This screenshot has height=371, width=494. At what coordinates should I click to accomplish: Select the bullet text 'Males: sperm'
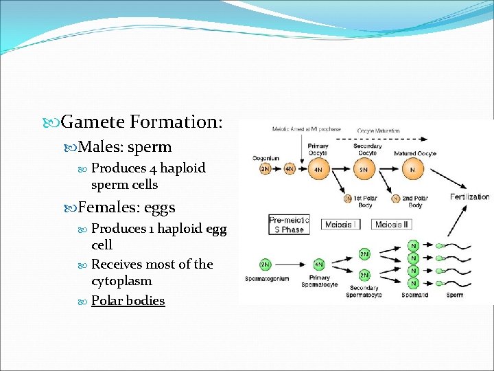tap(124, 147)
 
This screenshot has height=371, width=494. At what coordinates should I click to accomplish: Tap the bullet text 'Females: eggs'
tap(126, 207)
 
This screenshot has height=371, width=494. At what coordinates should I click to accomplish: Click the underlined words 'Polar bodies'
tap(128, 301)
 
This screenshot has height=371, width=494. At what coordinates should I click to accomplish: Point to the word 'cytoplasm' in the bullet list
tap(121, 281)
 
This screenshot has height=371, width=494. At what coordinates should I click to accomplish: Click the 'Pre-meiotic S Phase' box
tap(288, 225)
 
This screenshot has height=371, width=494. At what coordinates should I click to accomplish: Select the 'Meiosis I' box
tap(338, 225)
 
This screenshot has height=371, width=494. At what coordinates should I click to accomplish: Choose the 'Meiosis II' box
tap(392, 225)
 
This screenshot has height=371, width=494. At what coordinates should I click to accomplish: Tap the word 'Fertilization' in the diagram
tap(469, 196)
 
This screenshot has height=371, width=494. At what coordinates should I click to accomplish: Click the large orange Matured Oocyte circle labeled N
tap(412, 169)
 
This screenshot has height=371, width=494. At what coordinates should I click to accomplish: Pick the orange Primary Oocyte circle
tap(318, 169)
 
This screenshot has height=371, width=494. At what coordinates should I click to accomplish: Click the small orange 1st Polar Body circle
tap(348, 199)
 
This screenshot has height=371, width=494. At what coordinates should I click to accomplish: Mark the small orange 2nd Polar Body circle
tap(396, 199)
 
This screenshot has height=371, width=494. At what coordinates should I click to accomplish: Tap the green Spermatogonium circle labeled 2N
tap(265, 265)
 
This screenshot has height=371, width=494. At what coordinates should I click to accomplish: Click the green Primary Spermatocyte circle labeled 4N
tap(319, 265)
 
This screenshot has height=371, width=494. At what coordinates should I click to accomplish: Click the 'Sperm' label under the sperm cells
tap(454, 295)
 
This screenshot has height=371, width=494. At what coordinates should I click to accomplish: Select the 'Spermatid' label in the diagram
tap(414, 295)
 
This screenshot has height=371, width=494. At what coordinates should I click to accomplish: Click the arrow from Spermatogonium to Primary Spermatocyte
tap(292, 265)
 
